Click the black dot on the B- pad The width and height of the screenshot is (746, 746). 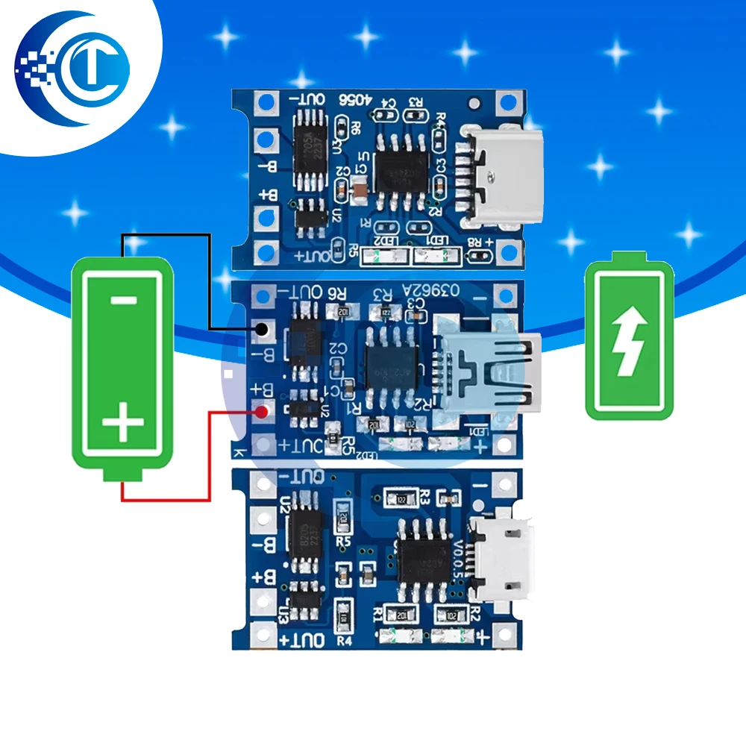tap(262, 329)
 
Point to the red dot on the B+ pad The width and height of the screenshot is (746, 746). tap(262, 413)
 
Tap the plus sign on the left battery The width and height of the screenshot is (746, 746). tap(122, 425)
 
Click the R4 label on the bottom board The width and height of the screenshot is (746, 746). tap(344, 640)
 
